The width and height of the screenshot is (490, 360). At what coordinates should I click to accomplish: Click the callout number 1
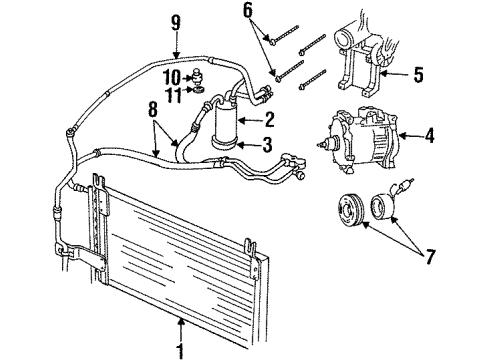coord(181,350)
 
